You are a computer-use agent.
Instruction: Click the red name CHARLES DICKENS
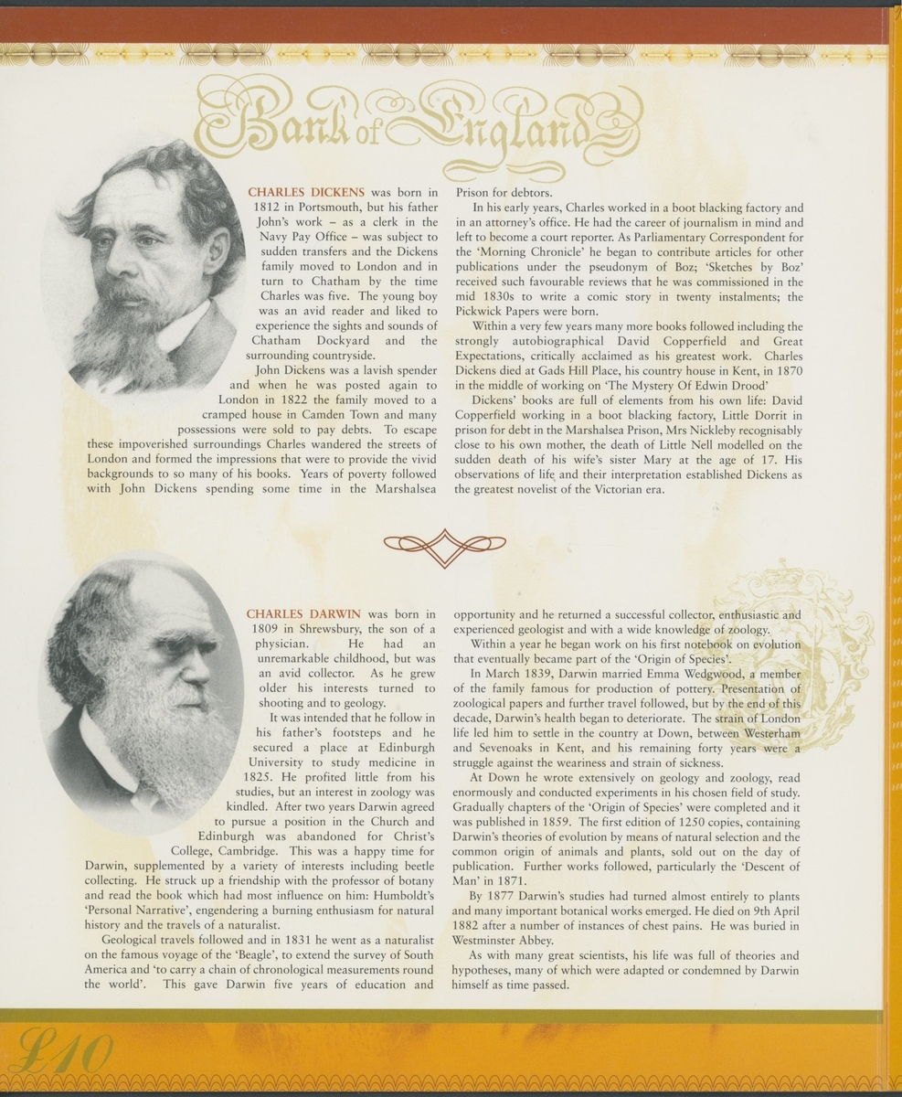(x=306, y=193)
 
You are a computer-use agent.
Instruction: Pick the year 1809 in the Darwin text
(x=265, y=629)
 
